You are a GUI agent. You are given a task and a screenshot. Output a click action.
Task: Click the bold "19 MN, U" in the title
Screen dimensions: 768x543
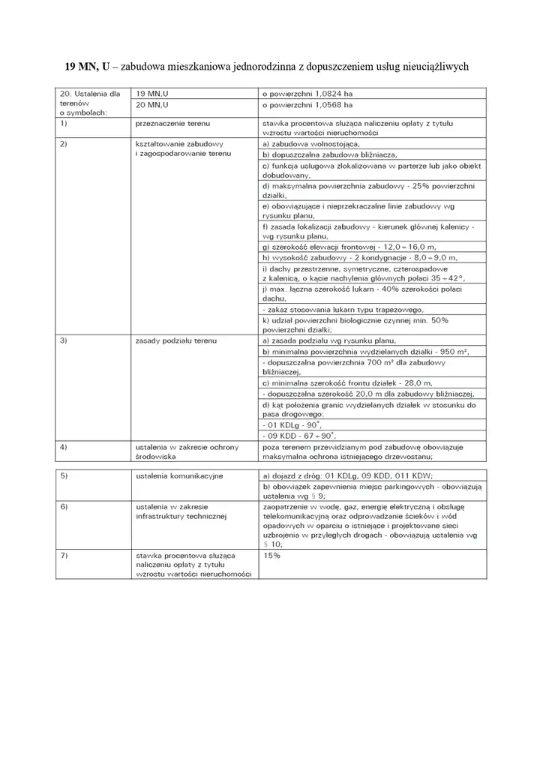[87, 67]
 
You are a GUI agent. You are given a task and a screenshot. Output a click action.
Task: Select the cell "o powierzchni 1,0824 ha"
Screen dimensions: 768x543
[306, 94]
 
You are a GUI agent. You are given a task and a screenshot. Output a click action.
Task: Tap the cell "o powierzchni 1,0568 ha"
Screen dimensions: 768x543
[306, 106]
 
